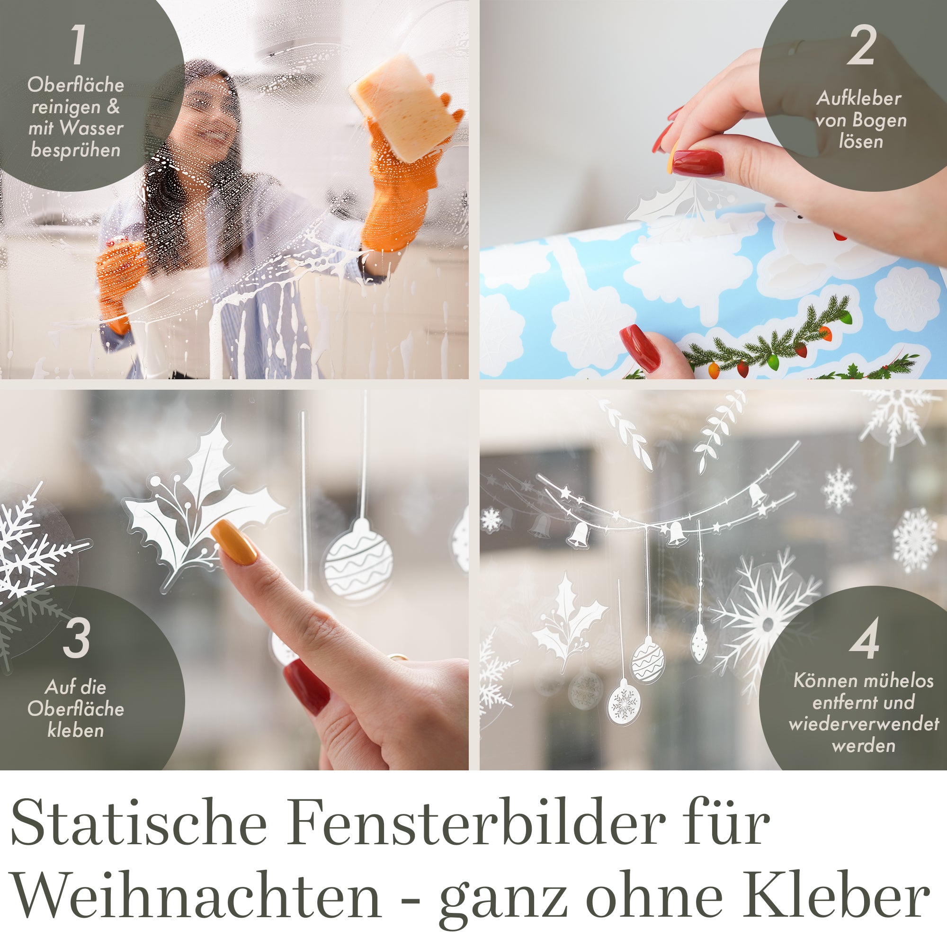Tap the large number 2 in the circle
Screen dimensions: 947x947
click(x=861, y=45)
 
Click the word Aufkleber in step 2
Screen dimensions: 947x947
click(x=859, y=98)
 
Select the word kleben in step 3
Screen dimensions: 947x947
click(x=75, y=730)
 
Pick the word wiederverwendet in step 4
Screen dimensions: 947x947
click(x=864, y=724)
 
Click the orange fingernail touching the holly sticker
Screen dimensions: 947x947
click(x=234, y=542)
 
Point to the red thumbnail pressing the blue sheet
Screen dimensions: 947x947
click(x=640, y=348)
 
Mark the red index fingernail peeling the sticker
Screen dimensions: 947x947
click(x=697, y=163)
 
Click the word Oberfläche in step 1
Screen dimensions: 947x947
click(x=75, y=85)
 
